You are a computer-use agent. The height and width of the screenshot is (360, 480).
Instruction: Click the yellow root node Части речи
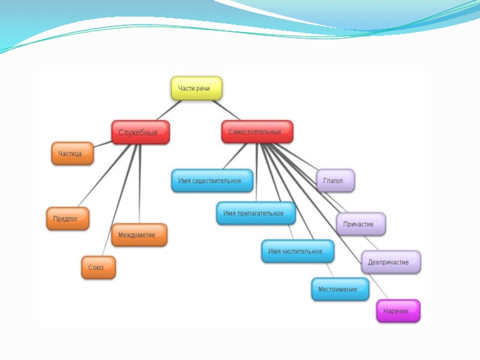point(196,88)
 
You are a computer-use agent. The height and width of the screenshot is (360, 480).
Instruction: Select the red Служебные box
point(140,133)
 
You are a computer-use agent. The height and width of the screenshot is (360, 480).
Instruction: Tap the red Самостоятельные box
point(257,132)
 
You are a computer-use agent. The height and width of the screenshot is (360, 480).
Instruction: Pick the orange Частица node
point(72,154)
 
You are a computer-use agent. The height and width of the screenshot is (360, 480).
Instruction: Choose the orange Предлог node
point(68,218)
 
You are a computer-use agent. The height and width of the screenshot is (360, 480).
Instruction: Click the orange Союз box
point(98,268)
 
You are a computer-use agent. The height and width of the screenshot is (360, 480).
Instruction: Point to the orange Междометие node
point(139,235)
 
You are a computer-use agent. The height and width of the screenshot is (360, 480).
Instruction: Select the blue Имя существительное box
point(212,181)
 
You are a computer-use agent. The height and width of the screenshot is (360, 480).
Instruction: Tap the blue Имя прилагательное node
point(256,213)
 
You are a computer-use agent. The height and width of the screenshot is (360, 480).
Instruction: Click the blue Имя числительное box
point(298,251)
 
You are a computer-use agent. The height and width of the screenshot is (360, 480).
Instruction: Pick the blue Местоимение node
point(340,289)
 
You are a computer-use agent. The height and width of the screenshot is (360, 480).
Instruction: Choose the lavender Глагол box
point(335,181)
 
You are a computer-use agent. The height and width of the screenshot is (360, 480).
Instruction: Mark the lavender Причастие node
point(361,224)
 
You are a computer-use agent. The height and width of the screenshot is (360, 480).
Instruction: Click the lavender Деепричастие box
point(391,262)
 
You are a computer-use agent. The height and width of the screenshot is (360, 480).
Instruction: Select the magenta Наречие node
point(398,311)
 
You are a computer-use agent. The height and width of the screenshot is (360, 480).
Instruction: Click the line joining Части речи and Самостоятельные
point(226,110)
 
